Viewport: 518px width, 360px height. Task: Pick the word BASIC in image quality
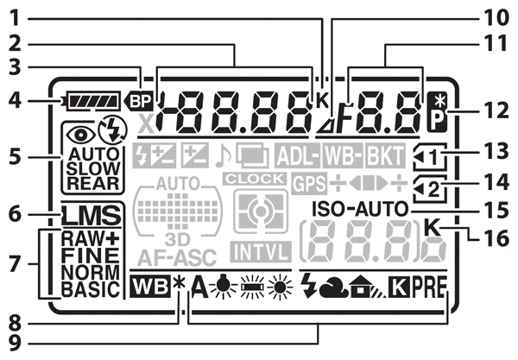click(90, 287)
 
